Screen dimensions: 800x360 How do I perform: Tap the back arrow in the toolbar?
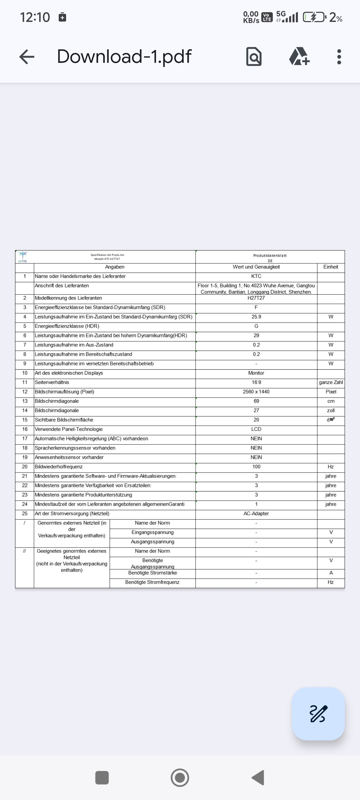pyautogui.click(x=27, y=57)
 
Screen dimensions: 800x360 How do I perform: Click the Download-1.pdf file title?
pyautogui.click(x=124, y=57)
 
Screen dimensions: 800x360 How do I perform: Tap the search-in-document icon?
pyautogui.click(x=254, y=57)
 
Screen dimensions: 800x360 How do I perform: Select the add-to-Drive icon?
pyautogui.click(x=299, y=57)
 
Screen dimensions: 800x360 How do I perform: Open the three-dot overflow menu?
pyautogui.click(x=339, y=57)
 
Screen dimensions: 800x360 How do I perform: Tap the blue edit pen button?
pyautogui.click(x=318, y=714)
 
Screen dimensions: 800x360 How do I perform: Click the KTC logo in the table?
pyautogui.click(x=23, y=257)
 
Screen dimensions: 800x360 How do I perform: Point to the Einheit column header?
pyautogui.click(x=330, y=267)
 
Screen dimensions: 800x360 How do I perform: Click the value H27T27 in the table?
pyautogui.click(x=256, y=298)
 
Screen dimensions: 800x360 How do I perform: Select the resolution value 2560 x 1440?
pyautogui.click(x=256, y=392)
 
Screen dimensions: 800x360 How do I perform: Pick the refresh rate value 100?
pyautogui.click(x=256, y=466)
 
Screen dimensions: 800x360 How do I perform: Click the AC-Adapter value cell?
pyautogui.click(x=256, y=513)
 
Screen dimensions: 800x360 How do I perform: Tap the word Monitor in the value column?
pyautogui.click(x=256, y=373)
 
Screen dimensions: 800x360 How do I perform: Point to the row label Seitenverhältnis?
pyautogui.click(x=52, y=382)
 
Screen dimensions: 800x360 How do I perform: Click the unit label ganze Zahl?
pyautogui.click(x=331, y=382)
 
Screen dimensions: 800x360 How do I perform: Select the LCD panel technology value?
pyautogui.click(x=256, y=429)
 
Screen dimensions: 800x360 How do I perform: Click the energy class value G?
pyautogui.click(x=256, y=326)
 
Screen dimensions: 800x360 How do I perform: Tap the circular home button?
pyautogui.click(x=180, y=778)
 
